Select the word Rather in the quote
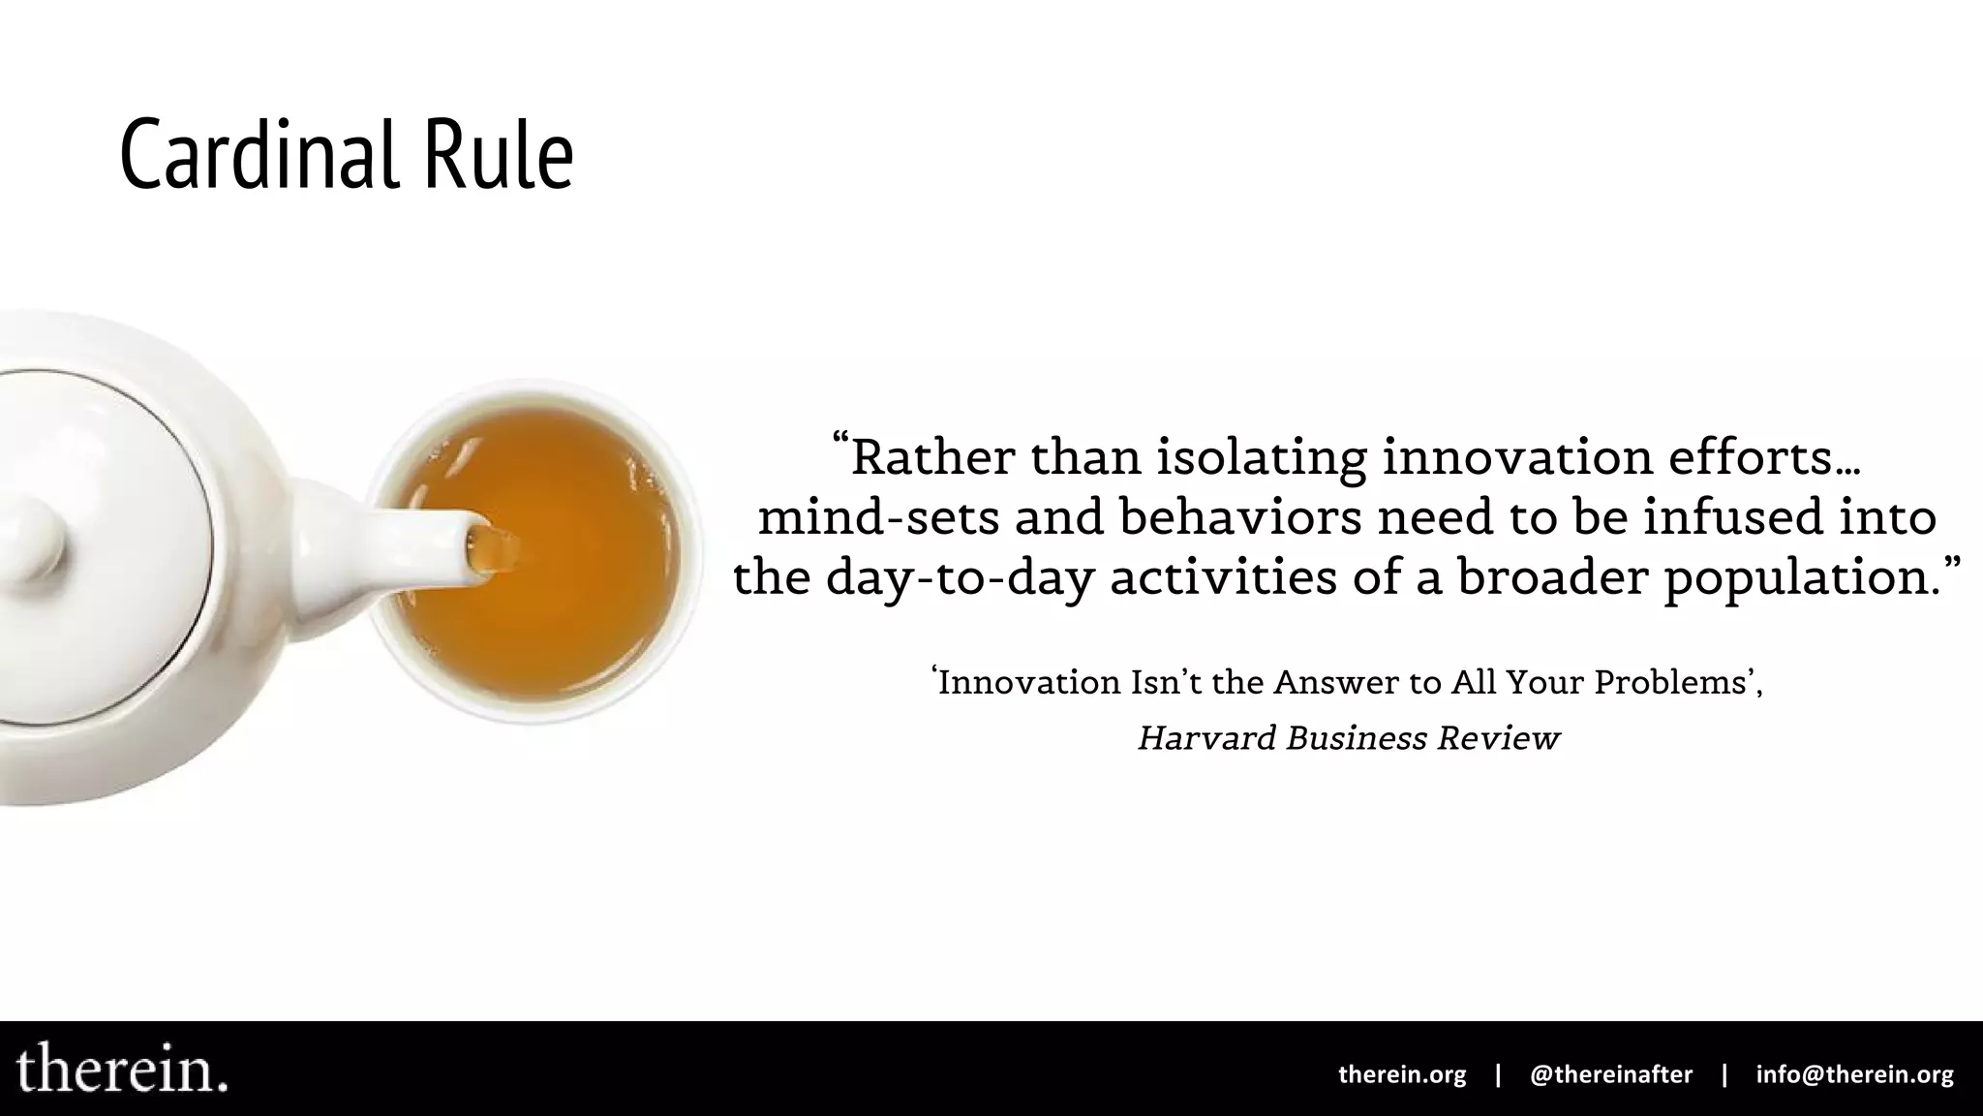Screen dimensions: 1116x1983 coord(932,457)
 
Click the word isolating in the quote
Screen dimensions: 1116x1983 coord(1261,457)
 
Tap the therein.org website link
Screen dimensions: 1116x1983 coord(1401,1074)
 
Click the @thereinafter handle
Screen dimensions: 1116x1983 coord(1611,1074)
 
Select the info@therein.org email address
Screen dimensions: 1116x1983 coord(1854,1074)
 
